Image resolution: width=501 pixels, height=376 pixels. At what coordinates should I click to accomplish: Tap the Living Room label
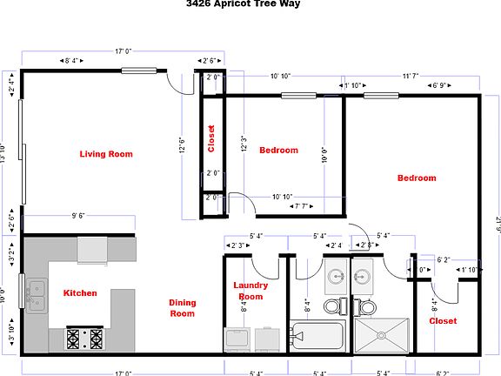point(106,154)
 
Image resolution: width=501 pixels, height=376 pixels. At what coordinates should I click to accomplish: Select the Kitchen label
point(80,293)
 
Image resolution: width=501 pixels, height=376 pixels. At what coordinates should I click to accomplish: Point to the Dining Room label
point(182,308)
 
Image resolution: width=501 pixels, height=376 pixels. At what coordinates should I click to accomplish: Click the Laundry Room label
point(250,291)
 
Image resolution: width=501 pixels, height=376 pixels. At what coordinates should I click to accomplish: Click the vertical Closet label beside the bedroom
point(210,138)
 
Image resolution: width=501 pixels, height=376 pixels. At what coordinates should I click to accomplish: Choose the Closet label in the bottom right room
point(444,320)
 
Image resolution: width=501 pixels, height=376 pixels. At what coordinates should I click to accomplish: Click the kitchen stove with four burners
point(84,338)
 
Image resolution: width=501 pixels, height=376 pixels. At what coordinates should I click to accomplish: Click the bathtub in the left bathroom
point(318,336)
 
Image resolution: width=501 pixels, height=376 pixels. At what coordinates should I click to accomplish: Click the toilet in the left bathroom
point(333,306)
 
